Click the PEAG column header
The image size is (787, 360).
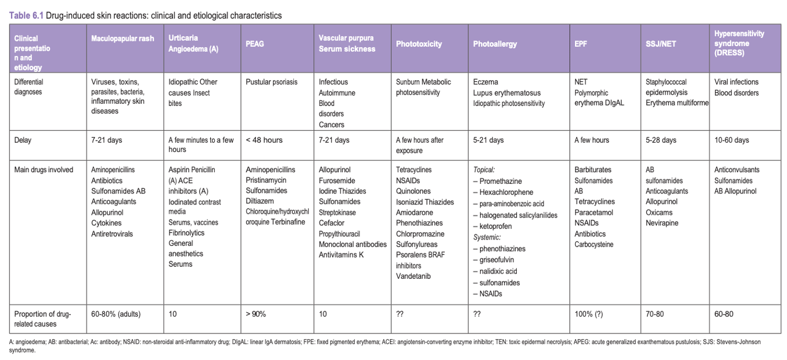click(x=255, y=44)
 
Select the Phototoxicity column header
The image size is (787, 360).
click(x=419, y=44)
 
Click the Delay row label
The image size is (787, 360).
click(x=23, y=140)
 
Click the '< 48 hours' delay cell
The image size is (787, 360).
click(x=264, y=140)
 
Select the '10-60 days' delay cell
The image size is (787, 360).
click(x=732, y=140)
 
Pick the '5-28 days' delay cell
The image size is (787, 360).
click(x=661, y=140)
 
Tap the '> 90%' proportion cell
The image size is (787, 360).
click(x=256, y=314)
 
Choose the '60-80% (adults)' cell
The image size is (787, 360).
click(x=116, y=314)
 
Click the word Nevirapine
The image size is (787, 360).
click(x=662, y=223)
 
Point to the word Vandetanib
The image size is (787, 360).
click(x=413, y=276)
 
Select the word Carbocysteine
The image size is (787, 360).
click(x=594, y=244)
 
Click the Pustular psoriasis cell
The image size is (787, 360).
click(x=271, y=82)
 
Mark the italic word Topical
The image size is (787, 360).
click(x=485, y=170)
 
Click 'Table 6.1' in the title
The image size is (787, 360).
click(x=25, y=16)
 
